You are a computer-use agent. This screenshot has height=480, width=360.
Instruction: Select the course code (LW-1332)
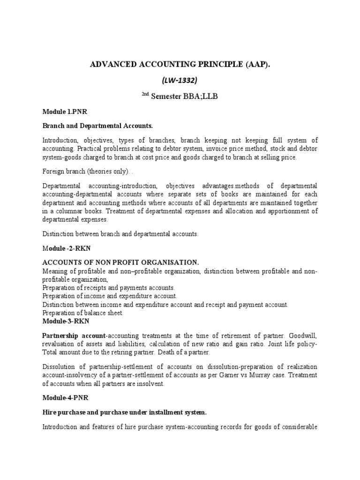(x=180, y=80)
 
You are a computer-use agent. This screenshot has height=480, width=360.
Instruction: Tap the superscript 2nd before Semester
(x=146, y=94)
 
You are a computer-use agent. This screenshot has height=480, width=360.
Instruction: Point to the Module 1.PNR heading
(x=65, y=112)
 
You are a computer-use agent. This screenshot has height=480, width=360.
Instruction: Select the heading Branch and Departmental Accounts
(x=97, y=126)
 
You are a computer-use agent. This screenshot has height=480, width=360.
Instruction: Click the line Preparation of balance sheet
(x=83, y=313)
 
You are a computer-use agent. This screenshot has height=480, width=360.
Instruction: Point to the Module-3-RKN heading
(x=66, y=321)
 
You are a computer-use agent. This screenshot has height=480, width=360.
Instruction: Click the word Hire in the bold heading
(x=50, y=412)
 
